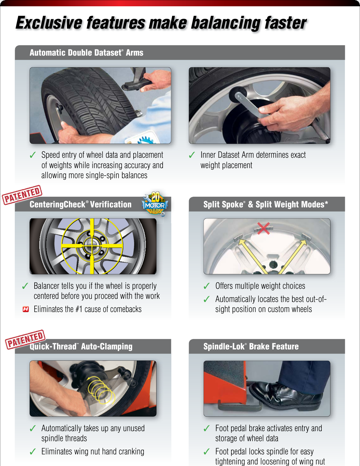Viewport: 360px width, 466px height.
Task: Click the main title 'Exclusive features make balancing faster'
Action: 161,23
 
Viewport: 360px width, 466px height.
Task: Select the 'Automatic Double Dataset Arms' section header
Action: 86,53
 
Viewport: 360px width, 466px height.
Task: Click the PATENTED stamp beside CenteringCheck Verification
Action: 22,195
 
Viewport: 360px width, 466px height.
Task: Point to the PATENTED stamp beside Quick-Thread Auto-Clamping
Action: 25,339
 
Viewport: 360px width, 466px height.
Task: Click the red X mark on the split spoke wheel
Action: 263,228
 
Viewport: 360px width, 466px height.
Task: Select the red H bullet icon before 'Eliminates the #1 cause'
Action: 26,309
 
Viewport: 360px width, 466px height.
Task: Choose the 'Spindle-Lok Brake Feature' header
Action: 251,347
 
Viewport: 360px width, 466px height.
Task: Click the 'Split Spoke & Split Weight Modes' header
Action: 266,205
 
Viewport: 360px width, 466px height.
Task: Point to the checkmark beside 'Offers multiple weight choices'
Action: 207,286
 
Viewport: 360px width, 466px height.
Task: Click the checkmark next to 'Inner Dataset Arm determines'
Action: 192,155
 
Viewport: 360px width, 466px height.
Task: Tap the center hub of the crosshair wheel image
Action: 92,245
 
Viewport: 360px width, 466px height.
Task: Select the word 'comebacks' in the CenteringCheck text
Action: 127,310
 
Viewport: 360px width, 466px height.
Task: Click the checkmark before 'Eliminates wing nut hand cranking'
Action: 33,452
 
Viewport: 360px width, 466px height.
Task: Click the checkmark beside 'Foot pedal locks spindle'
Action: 207,452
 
